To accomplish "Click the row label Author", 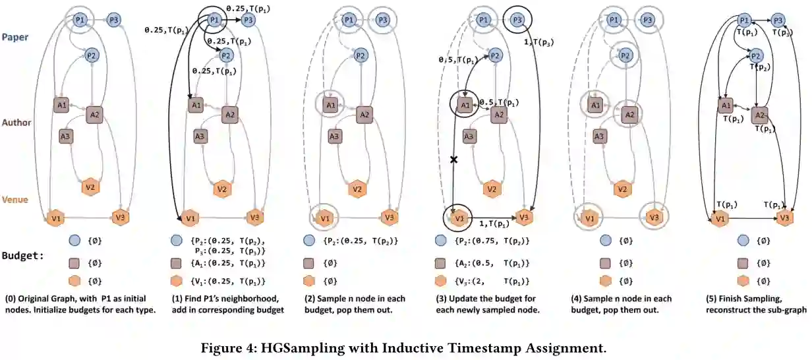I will [17, 123].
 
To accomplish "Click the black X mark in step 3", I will [453, 160].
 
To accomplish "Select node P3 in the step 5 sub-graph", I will [778, 20].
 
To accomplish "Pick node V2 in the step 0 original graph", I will [91, 187].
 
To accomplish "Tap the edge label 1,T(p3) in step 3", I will [539, 43].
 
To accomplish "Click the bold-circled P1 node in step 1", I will [214, 21].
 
